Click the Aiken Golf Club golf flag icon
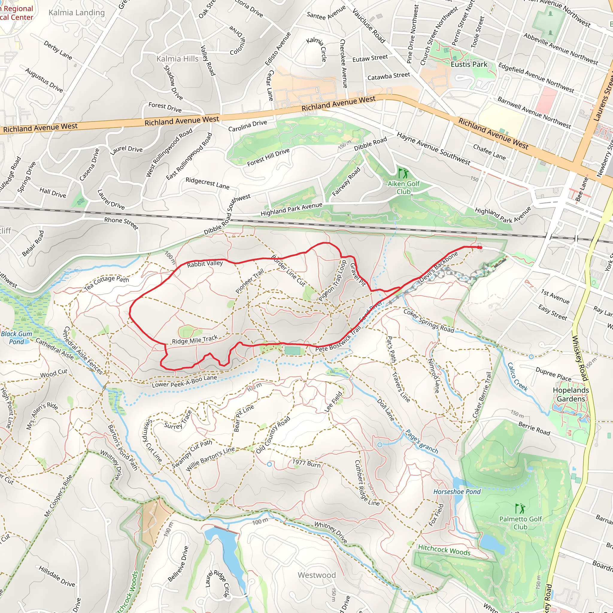point(403,174)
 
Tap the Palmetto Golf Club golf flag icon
point(520,509)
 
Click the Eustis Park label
point(469,64)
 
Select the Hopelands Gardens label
point(571,394)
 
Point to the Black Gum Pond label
point(16,338)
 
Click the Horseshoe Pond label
point(457,492)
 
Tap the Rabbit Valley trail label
point(205,264)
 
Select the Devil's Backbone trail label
point(439,267)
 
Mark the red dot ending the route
point(480,248)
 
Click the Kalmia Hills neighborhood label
point(177,59)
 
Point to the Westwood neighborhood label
point(316,575)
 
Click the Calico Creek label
point(518,377)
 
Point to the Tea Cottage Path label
point(107,283)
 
